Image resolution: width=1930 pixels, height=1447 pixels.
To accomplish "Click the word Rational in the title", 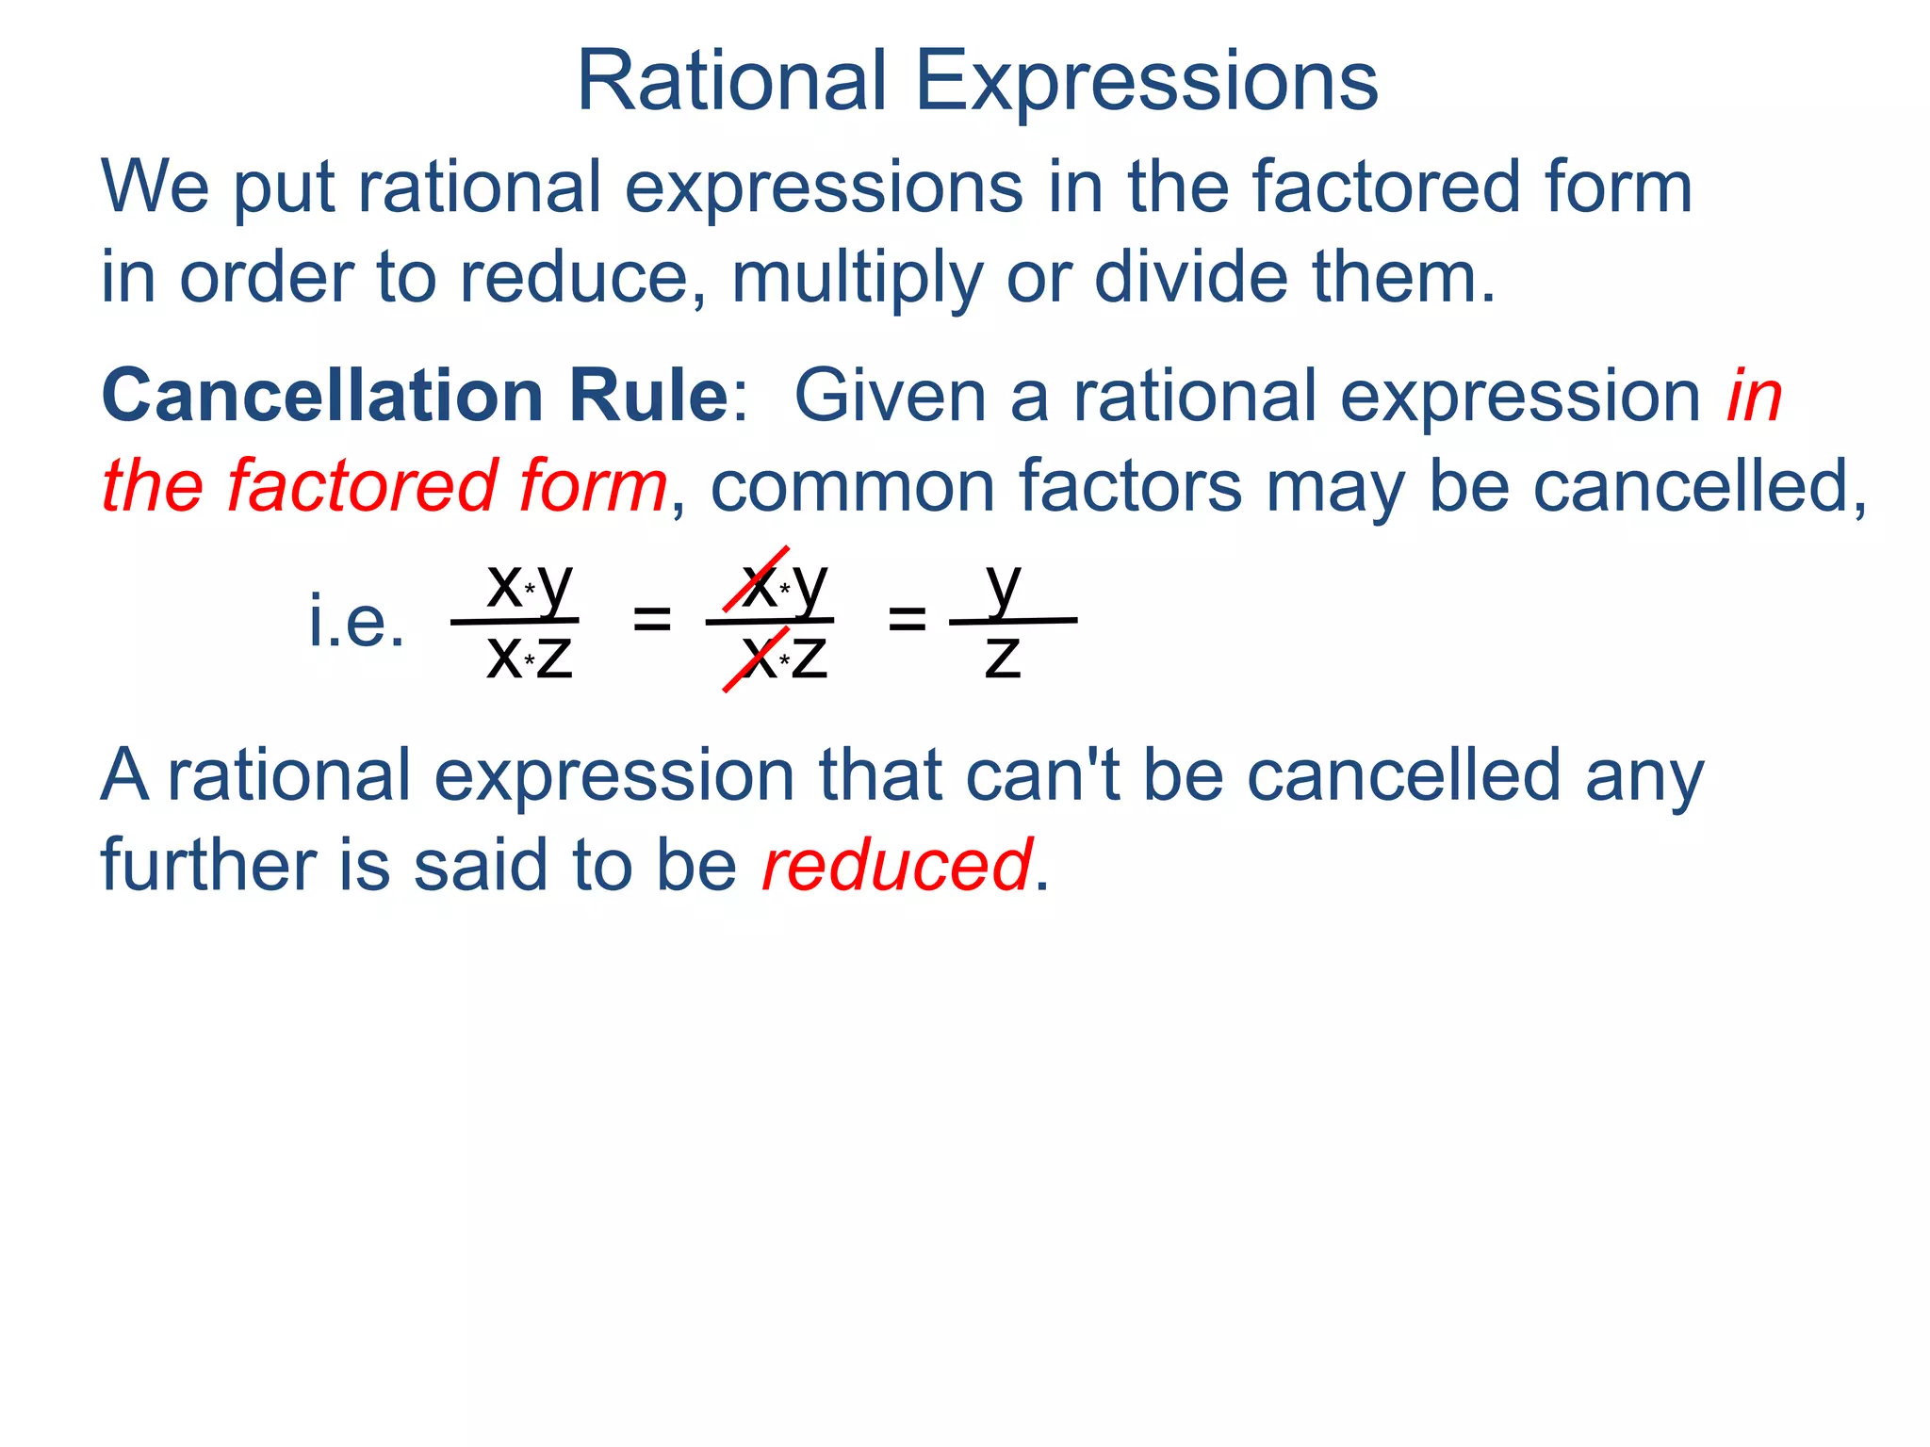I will [731, 81].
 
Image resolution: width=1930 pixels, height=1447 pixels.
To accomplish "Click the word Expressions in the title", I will [1146, 83].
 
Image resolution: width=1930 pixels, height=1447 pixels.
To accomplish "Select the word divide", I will [1189, 278].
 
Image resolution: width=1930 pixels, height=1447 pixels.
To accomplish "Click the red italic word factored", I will [364, 486].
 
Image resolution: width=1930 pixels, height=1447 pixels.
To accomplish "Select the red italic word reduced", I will [896, 865].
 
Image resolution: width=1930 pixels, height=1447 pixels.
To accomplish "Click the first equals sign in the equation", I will [651, 620].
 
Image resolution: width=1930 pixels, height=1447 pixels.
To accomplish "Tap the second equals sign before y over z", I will [907, 620].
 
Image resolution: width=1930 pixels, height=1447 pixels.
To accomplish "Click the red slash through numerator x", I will [756, 578].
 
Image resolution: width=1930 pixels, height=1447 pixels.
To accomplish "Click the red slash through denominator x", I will [754, 660].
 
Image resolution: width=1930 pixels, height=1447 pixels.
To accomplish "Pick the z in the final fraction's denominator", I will [1003, 657].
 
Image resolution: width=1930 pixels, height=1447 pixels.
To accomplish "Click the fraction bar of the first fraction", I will [515, 621].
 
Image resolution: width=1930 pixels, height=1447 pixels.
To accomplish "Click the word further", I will [208, 865].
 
